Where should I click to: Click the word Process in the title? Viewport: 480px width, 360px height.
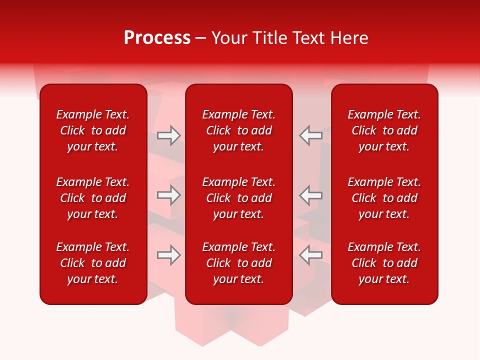point(157,38)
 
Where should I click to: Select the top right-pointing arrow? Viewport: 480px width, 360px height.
point(168,135)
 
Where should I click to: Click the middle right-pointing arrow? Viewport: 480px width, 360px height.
point(168,195)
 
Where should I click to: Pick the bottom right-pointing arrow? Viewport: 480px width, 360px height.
point(168,255)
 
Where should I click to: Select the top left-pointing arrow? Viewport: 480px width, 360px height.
point(310,135)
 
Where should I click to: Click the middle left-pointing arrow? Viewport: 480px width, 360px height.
point(310,195)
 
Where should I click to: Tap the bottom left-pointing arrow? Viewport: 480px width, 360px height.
point(310,255)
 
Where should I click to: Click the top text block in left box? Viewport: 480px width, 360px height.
point(93,130)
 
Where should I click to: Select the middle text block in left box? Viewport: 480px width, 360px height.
point(93,198)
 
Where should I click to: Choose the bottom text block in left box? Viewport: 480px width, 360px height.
point(93,263)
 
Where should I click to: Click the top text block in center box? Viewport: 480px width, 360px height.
point(239,130)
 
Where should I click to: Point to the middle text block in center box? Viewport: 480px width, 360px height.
point(239,198)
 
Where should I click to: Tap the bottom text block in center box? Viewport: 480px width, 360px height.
point(239,263)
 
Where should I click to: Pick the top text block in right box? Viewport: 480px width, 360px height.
point(384,130)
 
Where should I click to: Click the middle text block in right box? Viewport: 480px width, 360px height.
point(384,198)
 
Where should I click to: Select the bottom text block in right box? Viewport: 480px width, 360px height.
point(384,263)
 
